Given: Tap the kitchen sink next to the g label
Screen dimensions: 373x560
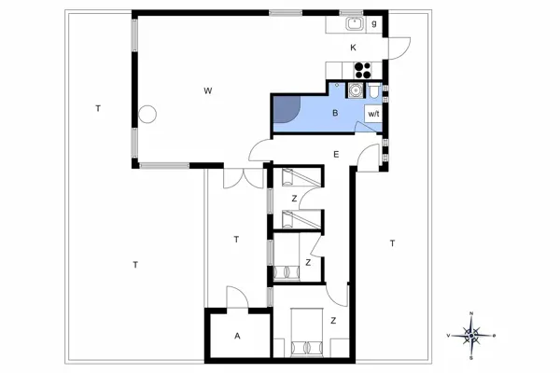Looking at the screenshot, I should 354,25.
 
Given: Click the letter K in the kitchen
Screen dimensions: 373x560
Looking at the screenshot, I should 354,48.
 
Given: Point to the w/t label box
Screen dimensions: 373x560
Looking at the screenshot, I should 373,113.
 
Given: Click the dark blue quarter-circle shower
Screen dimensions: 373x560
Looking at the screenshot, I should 285,109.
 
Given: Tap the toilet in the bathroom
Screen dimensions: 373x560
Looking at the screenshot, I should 373,91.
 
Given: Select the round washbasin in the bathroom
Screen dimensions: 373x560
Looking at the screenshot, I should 354,90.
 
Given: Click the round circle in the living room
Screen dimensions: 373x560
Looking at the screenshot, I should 147,115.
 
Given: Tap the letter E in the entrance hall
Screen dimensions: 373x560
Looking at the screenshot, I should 335,154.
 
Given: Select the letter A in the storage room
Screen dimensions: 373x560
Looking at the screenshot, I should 237,336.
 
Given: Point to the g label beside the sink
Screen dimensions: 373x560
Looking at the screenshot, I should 374,23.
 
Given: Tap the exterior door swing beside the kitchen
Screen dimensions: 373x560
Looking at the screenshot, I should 399,47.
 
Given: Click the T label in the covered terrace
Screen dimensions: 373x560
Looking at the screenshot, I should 236,240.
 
